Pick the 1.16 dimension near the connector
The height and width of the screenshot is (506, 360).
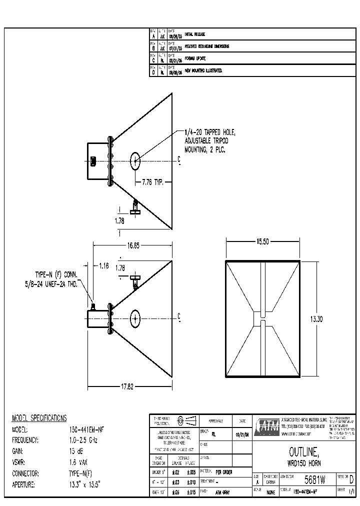pos(103,266)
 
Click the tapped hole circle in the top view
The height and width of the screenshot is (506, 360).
pos(135,160)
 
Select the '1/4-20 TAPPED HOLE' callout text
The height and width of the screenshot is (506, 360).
pos(209,132)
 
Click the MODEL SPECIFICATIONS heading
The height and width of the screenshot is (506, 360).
pos(39,418)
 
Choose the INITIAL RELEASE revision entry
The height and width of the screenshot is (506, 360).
pos(195,34)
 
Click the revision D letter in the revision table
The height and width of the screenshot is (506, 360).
pos(153,71)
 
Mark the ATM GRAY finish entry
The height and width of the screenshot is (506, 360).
pos(223,492)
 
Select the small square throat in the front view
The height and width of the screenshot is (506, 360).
pos(261,318)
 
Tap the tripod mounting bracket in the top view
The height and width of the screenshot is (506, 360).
pos(135,207)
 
